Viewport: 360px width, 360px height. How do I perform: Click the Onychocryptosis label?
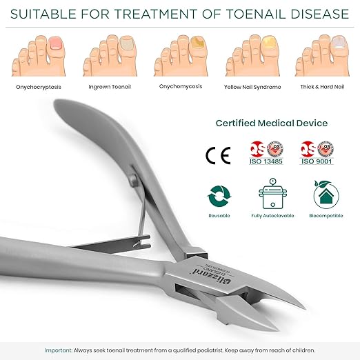coord(39,87)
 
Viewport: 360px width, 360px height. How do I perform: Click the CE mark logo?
coord(218,154)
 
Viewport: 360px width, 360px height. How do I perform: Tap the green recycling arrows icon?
coord(219,197)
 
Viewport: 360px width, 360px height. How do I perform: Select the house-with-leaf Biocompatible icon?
coord(326,196)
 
